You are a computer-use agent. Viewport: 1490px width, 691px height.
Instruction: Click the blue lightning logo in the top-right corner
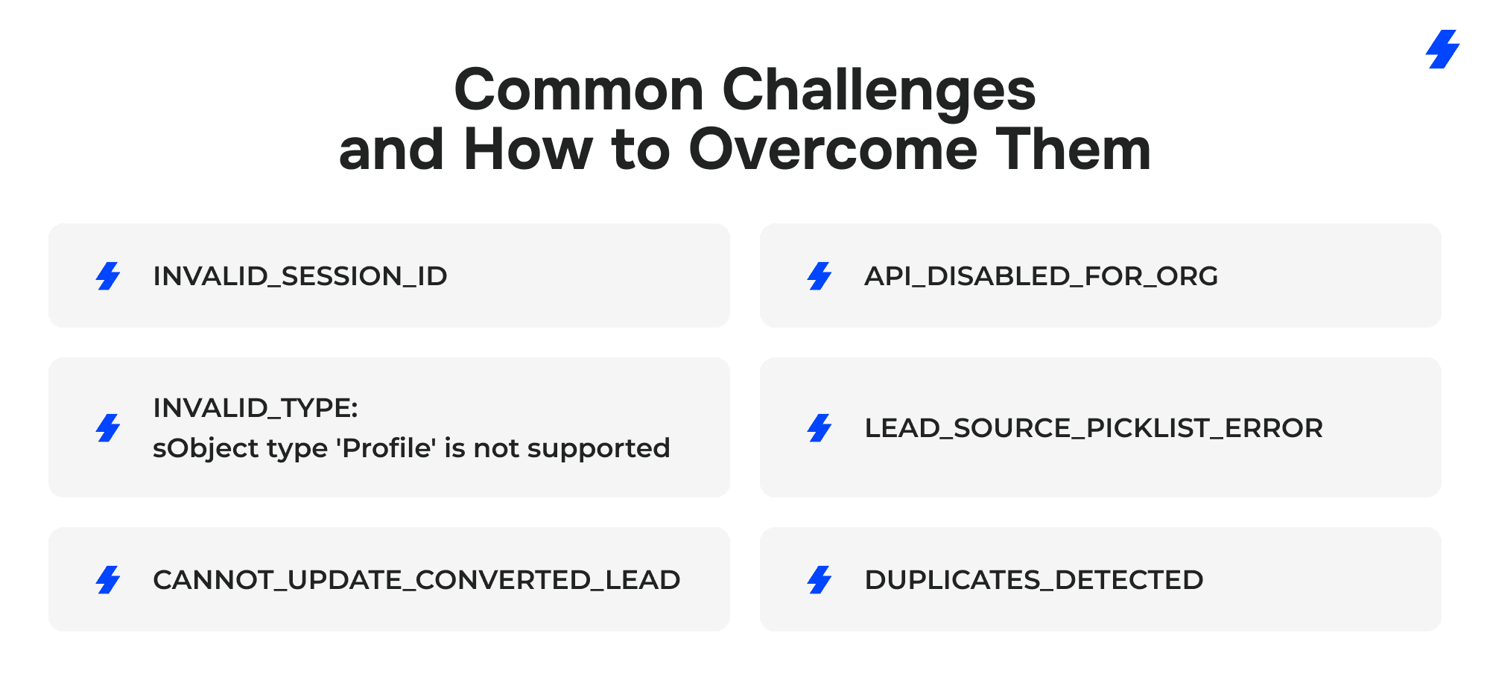(x=1443, y=49)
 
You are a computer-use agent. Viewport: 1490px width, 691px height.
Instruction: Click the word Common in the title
(x=579, y=90)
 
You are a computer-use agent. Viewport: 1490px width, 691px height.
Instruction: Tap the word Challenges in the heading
(x=879, y=92)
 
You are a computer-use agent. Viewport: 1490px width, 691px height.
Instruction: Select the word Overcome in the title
(x=833, y=150)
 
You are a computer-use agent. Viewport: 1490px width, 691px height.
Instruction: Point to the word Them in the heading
(x=1074, y=150)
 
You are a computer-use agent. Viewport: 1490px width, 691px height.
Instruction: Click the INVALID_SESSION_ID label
(x=300, y=276)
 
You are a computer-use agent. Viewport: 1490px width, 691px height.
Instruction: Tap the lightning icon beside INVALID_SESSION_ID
(x=108, y=276)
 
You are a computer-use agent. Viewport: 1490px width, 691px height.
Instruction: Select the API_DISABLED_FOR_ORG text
(x=1042, y=276)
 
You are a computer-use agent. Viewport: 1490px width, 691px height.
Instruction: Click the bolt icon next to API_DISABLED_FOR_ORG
(x=819, y=276)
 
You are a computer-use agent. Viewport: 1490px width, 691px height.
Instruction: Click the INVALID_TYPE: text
(x=256, y=408)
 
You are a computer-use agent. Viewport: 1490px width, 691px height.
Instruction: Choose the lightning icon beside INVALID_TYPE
(x=108, y=428)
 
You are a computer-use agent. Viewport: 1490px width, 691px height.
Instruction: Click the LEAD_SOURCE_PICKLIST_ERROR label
(x=1094, y=428)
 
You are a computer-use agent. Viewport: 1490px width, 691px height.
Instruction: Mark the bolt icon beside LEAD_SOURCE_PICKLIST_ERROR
(x=819, y=428)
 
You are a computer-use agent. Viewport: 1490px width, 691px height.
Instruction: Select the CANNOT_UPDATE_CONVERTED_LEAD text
(x=416, y=580)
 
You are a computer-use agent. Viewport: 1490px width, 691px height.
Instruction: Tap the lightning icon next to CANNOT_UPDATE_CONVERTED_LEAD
(x=108, y=580)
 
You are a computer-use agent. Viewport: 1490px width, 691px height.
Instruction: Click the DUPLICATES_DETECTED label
(x=1034, y=580)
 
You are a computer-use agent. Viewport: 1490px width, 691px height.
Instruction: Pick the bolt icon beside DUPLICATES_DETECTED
(x=819, y=580)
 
